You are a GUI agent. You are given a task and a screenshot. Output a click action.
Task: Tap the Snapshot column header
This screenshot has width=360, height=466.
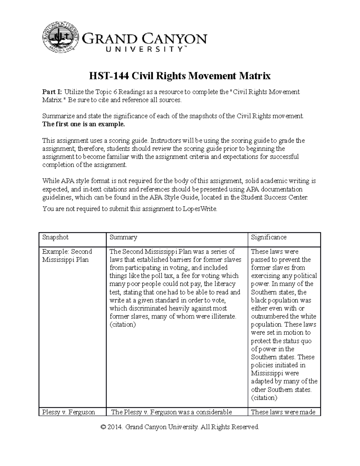(55, 237)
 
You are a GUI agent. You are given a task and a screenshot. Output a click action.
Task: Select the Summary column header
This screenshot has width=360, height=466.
(123, 237)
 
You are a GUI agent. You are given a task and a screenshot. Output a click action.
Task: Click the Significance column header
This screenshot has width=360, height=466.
(268, 237)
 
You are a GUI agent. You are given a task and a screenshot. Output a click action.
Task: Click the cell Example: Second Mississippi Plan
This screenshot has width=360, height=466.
(67, 256)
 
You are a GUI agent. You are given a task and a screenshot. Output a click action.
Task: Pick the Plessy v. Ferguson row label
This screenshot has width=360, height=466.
(68, 412)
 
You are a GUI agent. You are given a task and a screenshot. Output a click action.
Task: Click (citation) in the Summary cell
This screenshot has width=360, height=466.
(123, 325)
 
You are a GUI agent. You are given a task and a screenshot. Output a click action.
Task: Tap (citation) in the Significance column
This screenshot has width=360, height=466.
(264, 398)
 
